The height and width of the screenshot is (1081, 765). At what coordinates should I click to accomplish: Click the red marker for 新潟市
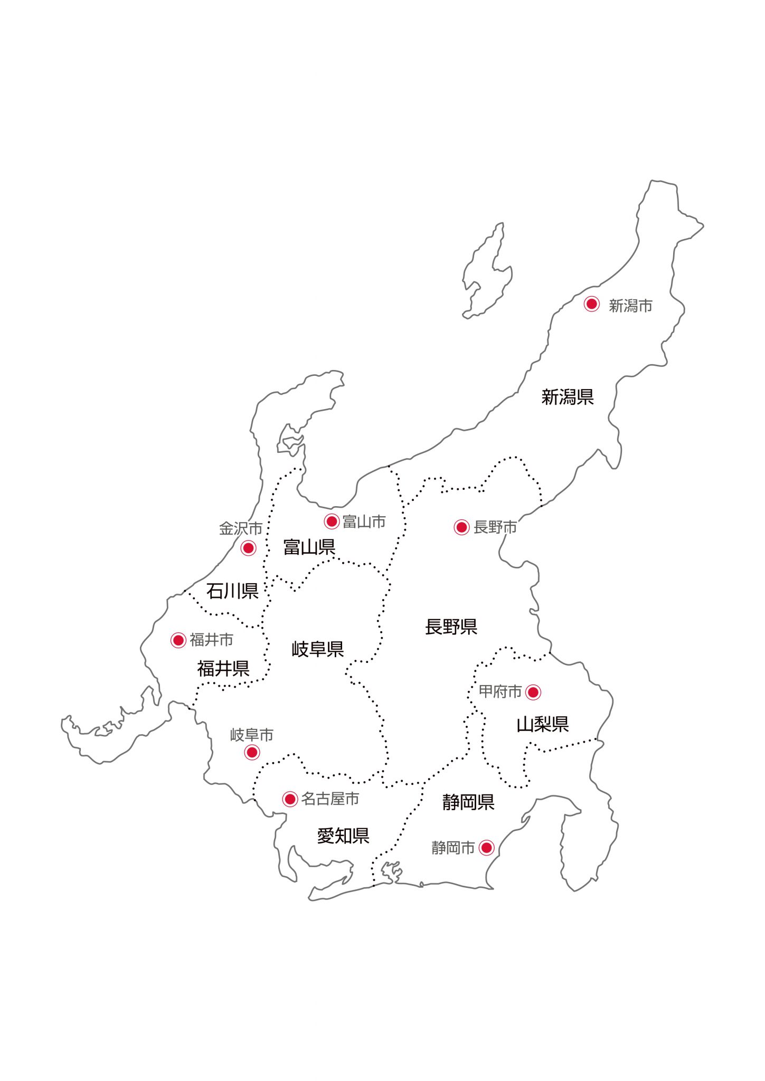click(x=591, y=304)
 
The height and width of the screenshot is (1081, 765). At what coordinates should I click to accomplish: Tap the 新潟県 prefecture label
click(x=568, y=397)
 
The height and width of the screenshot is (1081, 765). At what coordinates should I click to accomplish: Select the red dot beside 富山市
click(x=332, y=521)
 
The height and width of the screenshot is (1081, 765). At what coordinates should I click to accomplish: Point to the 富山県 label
click(x=309, y=547)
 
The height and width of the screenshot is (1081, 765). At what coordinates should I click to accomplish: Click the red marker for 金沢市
click(x=248, y=548)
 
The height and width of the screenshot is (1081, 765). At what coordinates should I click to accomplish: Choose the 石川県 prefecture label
click(x=232, y=591)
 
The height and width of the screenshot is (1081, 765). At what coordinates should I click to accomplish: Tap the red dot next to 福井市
click(x=178, y=640)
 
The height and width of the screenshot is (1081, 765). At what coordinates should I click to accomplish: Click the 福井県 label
click(x=223, y=669)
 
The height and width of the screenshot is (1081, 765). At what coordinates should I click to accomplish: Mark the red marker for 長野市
click(x=461, y=527)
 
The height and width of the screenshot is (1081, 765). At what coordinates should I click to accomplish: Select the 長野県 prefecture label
click(x=451, y=627)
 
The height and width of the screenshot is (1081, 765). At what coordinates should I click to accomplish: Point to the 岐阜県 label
click(x=318, y=649)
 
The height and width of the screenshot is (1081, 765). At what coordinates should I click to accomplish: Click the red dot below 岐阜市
click(x=252, y=752)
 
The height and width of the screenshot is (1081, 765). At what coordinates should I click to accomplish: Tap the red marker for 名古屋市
click(x=290, y=799)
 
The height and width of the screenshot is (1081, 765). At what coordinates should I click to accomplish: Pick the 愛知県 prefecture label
click(x=343, y=836)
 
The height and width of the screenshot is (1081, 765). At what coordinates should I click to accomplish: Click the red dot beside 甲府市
click(x=533, y=692)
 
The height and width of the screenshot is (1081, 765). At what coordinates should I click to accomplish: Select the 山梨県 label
click(x=543, y=725)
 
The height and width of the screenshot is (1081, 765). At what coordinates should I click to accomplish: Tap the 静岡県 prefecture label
click(x=468, y=802)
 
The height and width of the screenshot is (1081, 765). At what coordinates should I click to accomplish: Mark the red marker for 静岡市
click(x=486, y=848)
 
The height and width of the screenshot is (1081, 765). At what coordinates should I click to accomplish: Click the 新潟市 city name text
click(x=630, y=306)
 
